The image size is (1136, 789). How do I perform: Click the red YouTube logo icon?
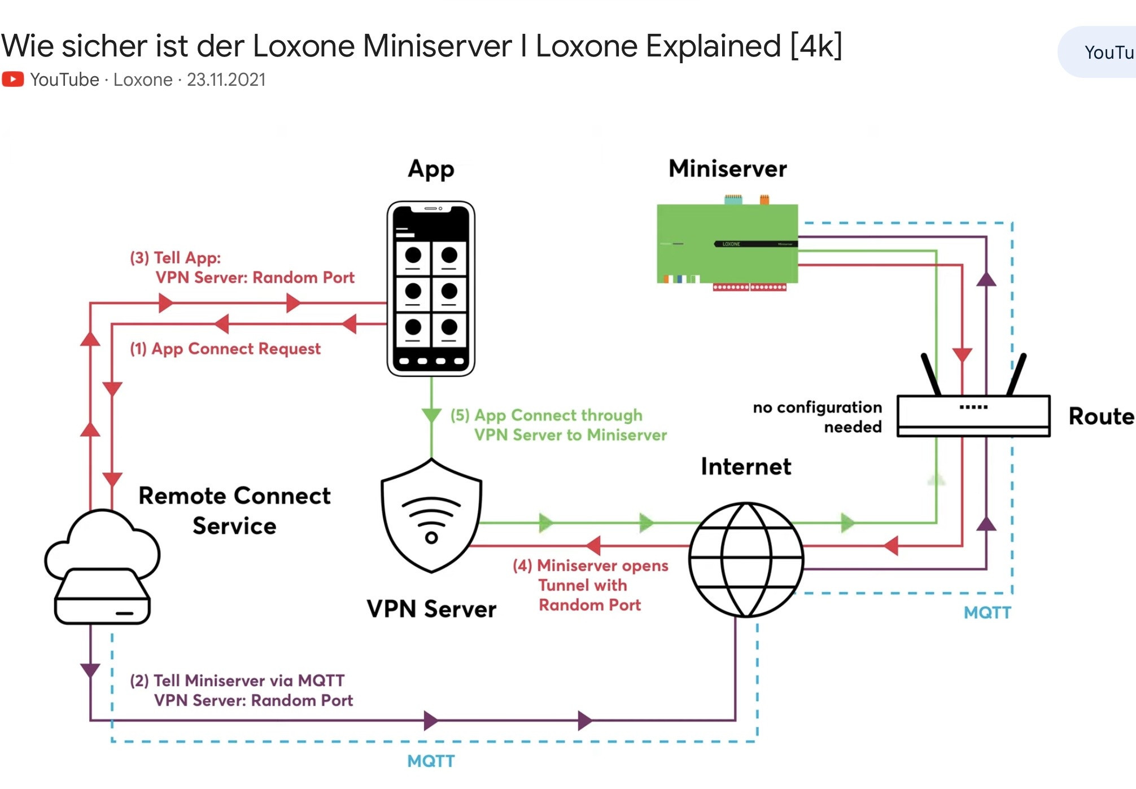[x=13, y=79]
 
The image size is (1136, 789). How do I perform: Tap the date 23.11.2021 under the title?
[x=226, y=80]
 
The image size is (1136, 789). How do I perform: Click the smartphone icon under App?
[x=431, y=288]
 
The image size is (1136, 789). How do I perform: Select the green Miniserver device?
[x=727, y=243]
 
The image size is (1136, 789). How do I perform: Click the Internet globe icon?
[x=746, y=559]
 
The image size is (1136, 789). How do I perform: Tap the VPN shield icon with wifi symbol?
[x=431, y=515]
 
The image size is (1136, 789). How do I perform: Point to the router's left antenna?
[x=930, y=374]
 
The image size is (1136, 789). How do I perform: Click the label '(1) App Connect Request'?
[x=225, y=349]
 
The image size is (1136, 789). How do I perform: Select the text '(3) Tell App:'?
[x=176, y=258]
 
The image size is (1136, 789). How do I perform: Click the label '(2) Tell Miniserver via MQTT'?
[x=237, y=681]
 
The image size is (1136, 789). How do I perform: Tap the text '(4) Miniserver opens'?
[x=591, y=566]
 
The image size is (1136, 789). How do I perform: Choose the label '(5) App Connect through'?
[x=547, y=415]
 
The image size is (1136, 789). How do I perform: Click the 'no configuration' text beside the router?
[x=817, y=407]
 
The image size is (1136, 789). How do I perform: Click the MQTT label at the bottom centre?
[x=431, y=761]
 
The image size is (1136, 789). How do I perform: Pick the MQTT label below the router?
[x=987, y=613]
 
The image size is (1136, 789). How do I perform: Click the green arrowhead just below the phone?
[x=431, y=416]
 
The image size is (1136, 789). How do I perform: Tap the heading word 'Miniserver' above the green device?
[x=728, y=169]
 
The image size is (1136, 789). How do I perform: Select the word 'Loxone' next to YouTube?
[x=143, y=80]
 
